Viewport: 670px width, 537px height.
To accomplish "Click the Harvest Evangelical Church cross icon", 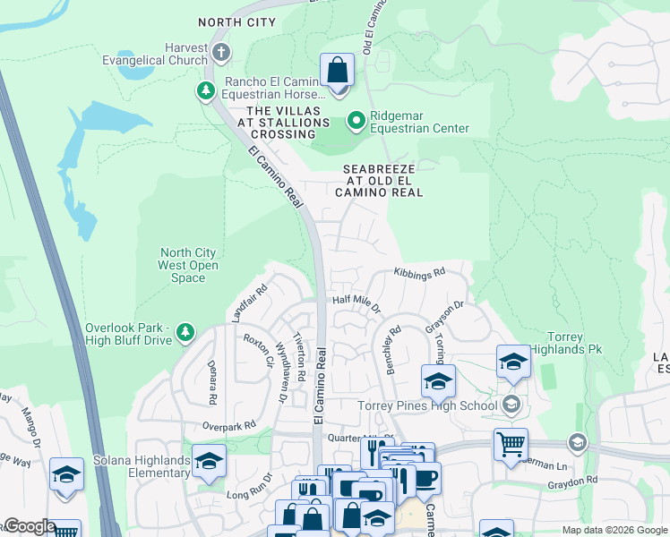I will pyautogui.click(x=220, y=53).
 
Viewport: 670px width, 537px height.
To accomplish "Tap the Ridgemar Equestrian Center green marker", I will pyautogui.click(x=356, y=120).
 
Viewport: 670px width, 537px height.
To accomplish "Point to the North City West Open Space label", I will pyautogui.click(x=188, y=265).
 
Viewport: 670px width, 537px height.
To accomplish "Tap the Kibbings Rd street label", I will pyautogui.click(x=419, y=272).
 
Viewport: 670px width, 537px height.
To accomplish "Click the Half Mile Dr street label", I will pyautogui.click(x=356, y=305).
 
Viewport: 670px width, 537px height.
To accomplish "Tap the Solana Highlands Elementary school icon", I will pyautogui.click(x=209, y=461).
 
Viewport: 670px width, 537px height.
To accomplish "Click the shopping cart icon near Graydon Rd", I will pyautogui.click(x=510, y=443).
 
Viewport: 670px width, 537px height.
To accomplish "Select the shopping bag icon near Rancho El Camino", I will pyautogui.click(x=337, y=69).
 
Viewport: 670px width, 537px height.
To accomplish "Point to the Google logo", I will pyautogui.click(x=29, y=526).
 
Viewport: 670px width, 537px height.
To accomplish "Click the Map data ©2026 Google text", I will pyautogui.click(x=614, y=529).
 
